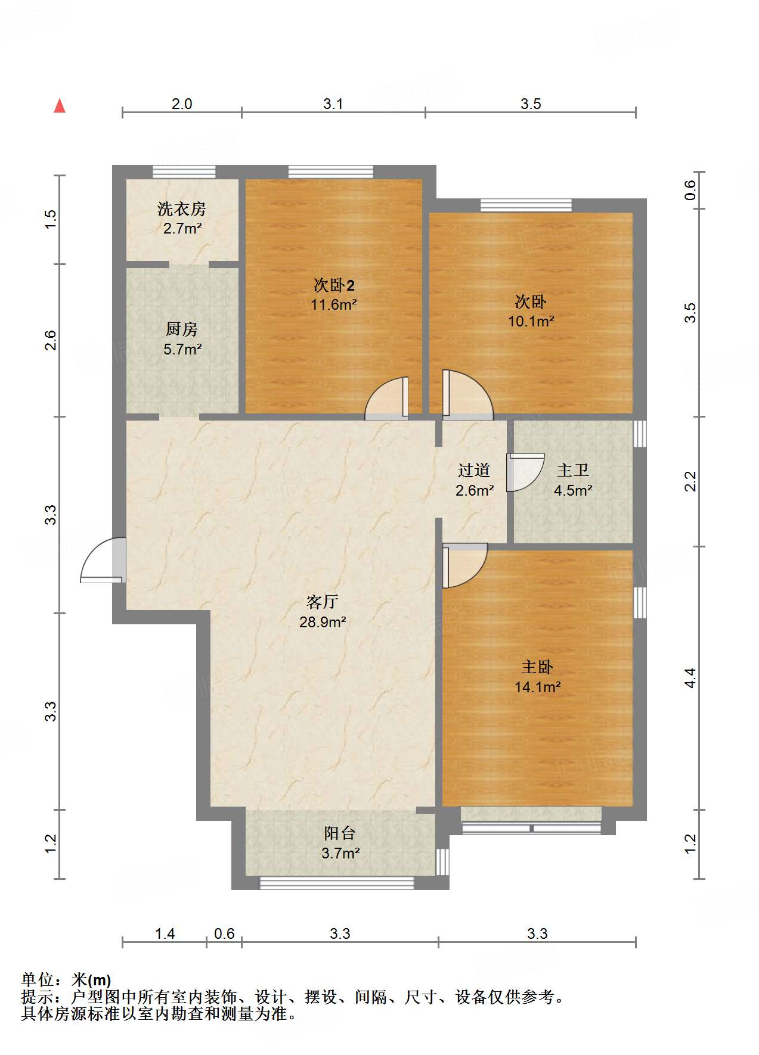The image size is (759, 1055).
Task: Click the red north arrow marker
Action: pyautogui.click(x=60, y=106)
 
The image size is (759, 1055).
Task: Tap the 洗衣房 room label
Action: pyautogui.click(x=182, y=209)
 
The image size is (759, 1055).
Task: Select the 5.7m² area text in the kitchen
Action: pyautogui.click(x=182, y=349)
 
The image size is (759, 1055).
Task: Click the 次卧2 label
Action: pyautogui.click(x=334, y=285)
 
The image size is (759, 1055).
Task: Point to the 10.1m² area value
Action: pyautogui.click(x=531, y=322)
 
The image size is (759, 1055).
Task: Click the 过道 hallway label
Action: pyautogui.click(x=474, y=471)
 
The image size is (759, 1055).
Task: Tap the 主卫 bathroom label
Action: pyautogui.click(x=573, y=471)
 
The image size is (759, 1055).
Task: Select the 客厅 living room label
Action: pyautogui.click(x=323, y=602)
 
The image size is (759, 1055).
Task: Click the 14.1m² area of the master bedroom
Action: pyautogui.click(x=537, y=687)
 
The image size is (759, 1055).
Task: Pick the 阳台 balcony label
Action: pyautogui.click(x=340, y=833)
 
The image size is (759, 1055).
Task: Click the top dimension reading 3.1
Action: pyautogui.click(x=333, y=104)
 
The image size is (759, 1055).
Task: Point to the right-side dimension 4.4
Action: pyautogui.click(x=690, y=677)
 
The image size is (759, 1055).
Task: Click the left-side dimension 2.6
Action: pyautogui.click(x=51, y=340)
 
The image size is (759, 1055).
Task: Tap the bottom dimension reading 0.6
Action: pyautogui.click(x=224, y=933)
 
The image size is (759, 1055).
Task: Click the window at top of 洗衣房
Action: pyautogui.click(x=184, y=172)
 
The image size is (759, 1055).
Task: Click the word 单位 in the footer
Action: pyautogui.click(x=38, y=979)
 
